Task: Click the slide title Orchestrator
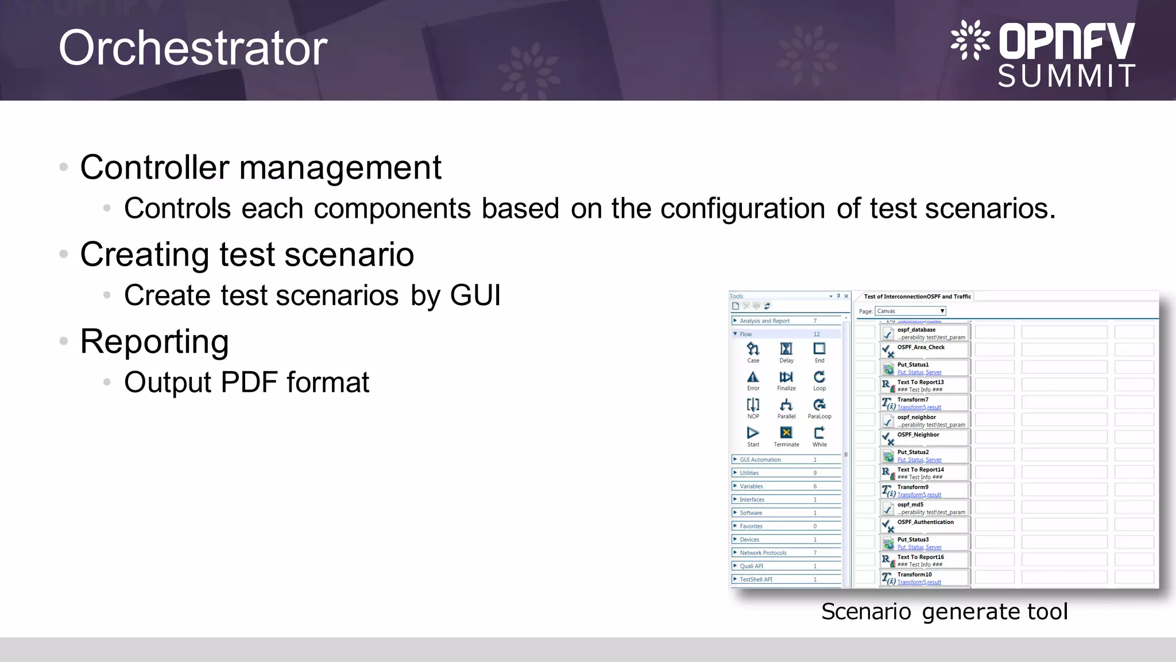tap(193, 48)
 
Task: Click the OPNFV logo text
tap(1066, 41)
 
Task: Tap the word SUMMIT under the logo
tap(1066, 76)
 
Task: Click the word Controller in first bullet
tap(155, 168)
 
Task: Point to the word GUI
tap(475, 295)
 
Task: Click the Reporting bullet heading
tap(154, 341)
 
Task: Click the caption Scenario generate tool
tap(944, 611)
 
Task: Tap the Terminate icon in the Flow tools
tap(786, 433)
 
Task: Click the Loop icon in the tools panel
tap(819, 378)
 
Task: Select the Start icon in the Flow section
tap(753, 433)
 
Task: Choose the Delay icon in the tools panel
tap(786, 349)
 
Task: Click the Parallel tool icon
tap(786, 405)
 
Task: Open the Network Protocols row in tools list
tap(763, 553)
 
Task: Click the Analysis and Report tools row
tap(764, 321)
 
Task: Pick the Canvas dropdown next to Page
tap(910, 311)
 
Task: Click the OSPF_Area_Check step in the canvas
tap(921, 348)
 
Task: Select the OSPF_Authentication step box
tap(925, 522)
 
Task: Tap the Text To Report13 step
tap(920, 382)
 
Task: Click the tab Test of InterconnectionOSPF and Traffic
tap(917, 297)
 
